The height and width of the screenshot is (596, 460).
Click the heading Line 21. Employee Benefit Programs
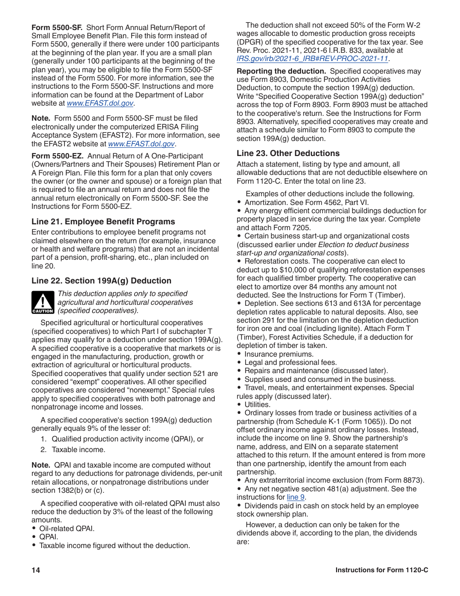tap(103, 221)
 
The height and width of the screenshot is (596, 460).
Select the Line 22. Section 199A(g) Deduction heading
tap(101, 281)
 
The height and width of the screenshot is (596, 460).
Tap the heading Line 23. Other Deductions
tap(288, 153)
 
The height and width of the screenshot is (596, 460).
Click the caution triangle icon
tap(43, 302)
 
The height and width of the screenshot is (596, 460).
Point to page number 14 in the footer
tap(36, 570)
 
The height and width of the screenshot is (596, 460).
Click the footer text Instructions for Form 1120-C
tap(382, 570)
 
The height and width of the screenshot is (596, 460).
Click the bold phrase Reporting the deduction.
tap(281, 71)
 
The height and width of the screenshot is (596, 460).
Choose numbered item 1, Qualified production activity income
tap(127, 439)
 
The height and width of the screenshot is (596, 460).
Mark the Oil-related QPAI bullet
tap(67, 528)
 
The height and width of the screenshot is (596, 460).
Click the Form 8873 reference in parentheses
tap(407, 480)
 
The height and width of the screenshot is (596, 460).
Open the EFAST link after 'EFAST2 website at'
tap(141, 144)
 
